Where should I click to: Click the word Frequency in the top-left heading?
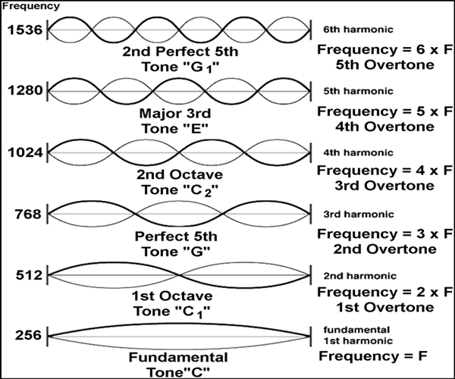pos(22,6)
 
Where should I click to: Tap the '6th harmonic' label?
pos(353,30)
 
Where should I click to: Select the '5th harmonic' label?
pos(353,92)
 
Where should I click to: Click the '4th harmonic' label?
pos(353,153)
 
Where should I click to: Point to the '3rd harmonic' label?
pos(353,214)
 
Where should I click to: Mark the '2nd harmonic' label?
pos(353,274)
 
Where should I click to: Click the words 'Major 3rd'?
pos(179,114)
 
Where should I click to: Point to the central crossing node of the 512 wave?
pos(179,274)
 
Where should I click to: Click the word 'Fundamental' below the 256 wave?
pos(179,356)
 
